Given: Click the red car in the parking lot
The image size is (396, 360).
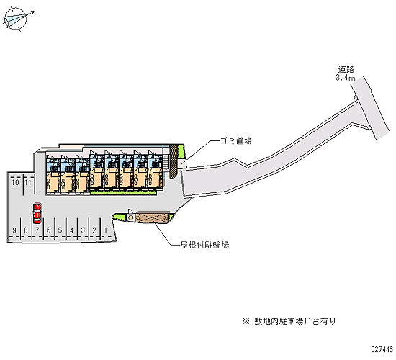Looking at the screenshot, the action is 37,214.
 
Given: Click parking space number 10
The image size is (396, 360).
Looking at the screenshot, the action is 15,182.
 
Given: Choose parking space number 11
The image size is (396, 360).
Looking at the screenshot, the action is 28,182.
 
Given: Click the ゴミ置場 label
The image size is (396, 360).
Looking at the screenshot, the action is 236,140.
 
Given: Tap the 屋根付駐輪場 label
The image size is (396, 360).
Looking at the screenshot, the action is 204,245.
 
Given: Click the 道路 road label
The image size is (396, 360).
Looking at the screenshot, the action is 346,69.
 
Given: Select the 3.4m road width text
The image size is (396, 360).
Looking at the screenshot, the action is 345,78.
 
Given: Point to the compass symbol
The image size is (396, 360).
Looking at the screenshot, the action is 16,19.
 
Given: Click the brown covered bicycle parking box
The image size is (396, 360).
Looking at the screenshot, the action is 152,217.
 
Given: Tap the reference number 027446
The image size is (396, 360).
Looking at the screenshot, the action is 382,349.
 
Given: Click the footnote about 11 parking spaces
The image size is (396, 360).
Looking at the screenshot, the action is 289,321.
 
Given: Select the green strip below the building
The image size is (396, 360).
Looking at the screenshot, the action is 124,193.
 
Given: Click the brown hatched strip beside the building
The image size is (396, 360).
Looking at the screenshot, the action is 174,161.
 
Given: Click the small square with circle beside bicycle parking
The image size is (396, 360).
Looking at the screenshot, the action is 130,217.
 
